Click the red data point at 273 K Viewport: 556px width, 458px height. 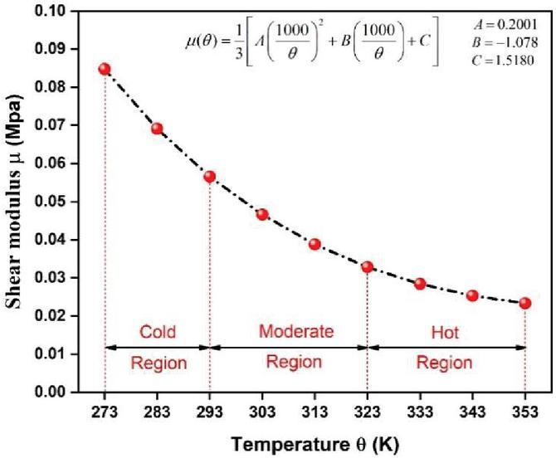[105, 69]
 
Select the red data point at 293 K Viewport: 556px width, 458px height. [210, 177]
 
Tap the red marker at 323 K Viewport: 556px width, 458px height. [367, 266]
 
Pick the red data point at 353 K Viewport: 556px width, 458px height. [524, 303]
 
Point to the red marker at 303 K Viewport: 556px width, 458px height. [262, 214]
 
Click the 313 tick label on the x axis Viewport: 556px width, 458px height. [315, 411]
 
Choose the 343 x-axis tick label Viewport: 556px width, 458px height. [472, 411]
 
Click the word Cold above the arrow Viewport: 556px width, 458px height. [157, 332]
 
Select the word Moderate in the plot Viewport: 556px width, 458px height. [296, 332]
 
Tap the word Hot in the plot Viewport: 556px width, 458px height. [446, 332]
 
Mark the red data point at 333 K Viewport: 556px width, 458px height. [420, 284]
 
